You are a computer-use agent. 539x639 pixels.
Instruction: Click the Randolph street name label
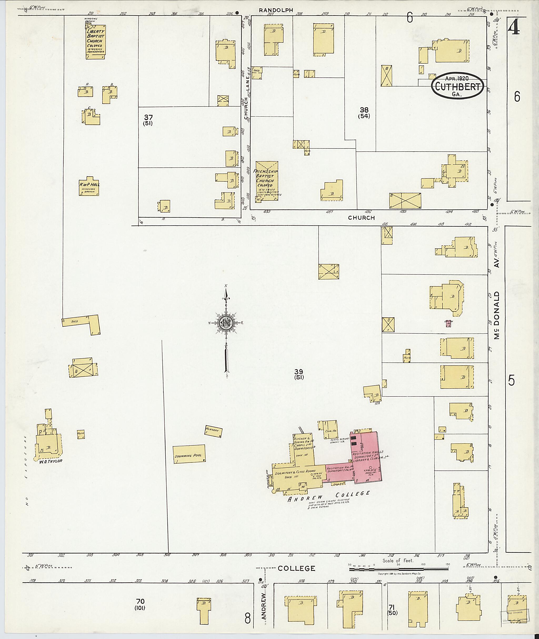click(276, 10)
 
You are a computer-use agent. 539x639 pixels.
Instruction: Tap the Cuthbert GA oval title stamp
click(457, 86)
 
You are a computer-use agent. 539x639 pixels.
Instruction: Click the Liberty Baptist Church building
click(96, 42)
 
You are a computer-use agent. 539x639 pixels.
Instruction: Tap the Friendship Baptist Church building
click(267, 181)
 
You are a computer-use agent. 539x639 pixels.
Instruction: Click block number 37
click(148, 117)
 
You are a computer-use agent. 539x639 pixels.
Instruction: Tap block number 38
click(364, 110)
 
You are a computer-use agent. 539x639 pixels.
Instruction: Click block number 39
click(298, 371)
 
